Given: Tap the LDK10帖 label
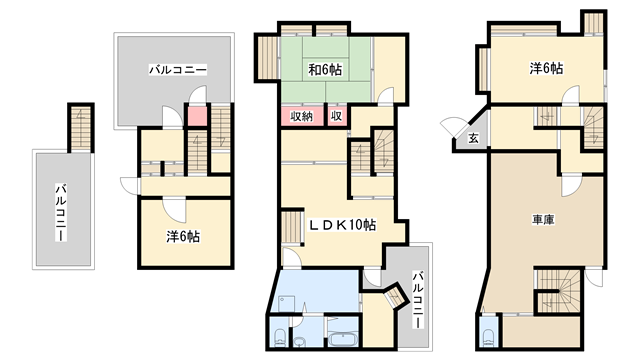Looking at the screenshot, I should point(342,225).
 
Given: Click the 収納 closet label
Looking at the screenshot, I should point(301,116).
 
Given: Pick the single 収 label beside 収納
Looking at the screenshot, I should point(337,116).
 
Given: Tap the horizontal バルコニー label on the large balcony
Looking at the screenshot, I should point(178,70).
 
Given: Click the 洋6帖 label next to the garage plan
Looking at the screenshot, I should point(546,69).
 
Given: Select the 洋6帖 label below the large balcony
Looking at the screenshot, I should point(182,237).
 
